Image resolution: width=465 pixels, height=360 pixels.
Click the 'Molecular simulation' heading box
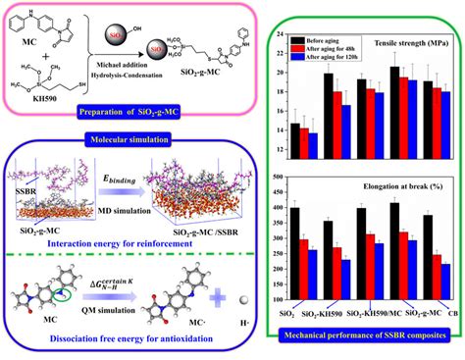tap(125, 142)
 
